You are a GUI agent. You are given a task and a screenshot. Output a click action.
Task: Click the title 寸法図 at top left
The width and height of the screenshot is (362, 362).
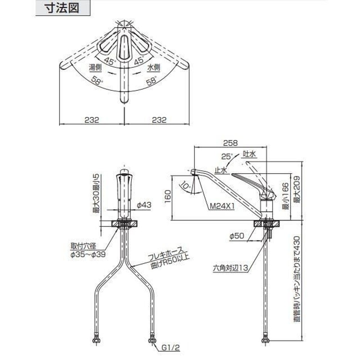[63, 8]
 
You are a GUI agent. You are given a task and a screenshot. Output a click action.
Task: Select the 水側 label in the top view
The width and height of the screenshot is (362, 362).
[154, 67]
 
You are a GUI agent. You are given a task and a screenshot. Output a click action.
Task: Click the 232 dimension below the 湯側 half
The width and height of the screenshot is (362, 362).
[92, 120]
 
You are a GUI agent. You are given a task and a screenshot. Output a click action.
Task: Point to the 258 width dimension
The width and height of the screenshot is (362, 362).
[231, 143]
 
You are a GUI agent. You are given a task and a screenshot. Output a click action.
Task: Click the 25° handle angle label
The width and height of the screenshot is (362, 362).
[227, 157]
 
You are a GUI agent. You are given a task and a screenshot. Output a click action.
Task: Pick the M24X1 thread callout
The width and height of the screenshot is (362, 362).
[223, 206]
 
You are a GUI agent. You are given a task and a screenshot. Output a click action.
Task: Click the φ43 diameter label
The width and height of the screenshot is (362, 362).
[144, 205]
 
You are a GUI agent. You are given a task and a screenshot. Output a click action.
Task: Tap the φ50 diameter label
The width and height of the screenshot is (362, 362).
[237, 236]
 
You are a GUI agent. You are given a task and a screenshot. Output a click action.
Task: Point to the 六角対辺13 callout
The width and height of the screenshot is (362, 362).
[230, 268]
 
